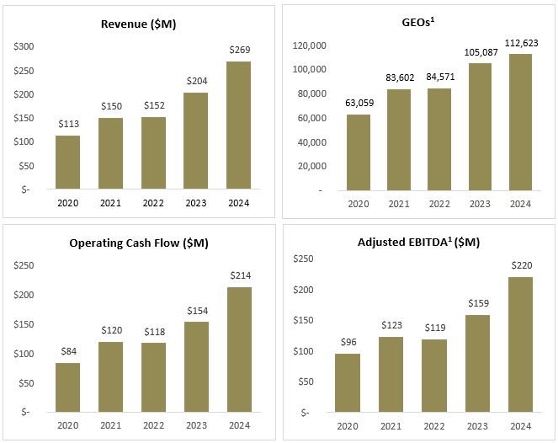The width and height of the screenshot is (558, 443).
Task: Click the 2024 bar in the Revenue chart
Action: (x=239, y=125)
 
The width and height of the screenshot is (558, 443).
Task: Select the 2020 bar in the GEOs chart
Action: (x=357, y=152)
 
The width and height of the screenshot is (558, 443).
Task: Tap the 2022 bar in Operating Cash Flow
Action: (x=153, y=377)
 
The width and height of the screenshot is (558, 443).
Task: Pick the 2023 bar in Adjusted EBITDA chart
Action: (x=477, y=364)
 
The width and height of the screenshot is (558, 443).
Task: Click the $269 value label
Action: (x=239, y=51)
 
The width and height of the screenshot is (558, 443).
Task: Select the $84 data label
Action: (x=67, y=351)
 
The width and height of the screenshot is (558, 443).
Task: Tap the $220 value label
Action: (x=521, y=266)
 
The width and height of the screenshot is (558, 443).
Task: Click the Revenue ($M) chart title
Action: (x=139, y=24)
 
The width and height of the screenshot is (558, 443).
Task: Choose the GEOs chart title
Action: (x=418, y=24)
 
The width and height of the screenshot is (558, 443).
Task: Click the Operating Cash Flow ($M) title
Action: (x=139, y=243)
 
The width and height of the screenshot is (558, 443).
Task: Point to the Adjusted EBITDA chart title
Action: (x=418, y=243)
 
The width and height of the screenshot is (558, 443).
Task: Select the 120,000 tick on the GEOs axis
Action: (x=309, y=45)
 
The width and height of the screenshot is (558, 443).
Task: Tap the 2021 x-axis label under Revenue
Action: (x=110, y=203)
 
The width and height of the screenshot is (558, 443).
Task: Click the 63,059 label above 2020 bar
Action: (x=357, y=103)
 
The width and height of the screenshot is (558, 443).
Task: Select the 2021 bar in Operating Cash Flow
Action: (x=110, y=376)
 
